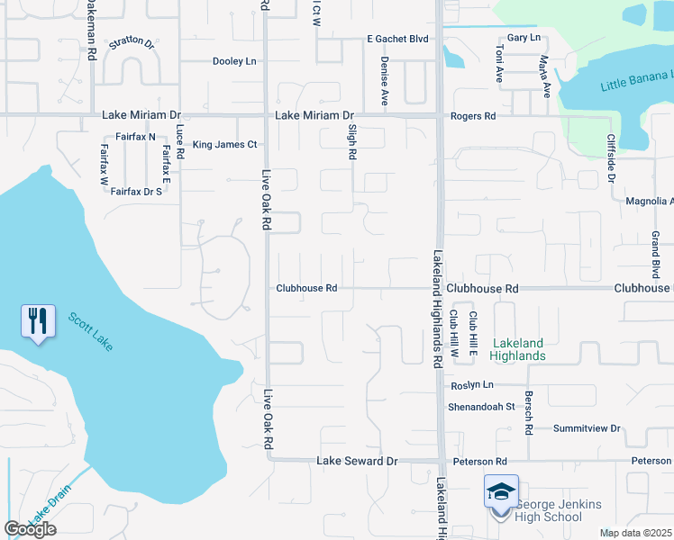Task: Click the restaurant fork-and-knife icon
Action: tap(37, 321)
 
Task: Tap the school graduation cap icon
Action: tap(501, 491)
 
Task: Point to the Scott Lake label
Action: tap(89, 332)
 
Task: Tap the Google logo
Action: tap(30, 529)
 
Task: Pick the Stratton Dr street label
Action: tap(132, 42)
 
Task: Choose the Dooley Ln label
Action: tap(234, 61)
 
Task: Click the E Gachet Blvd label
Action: tap(396, 40)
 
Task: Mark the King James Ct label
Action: tap(225, 144)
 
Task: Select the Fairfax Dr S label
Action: tap(136, 191)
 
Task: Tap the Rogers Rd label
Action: tap(473, 116)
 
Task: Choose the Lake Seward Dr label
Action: tap(357, 461)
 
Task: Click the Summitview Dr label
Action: tap(587, 428)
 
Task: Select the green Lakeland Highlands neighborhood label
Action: tap(517, 349)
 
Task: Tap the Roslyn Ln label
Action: tap(472, 384)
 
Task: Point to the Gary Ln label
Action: tap(524, 38)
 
